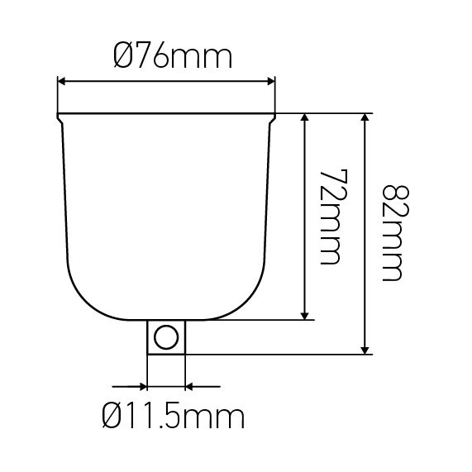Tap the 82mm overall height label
(389, 232)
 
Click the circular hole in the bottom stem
(165, 337)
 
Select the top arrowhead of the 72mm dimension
(307, 118)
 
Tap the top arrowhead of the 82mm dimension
(364, 118)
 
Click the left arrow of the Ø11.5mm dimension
(141, 385)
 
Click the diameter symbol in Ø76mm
(121, 59)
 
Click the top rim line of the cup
(165, 113)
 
